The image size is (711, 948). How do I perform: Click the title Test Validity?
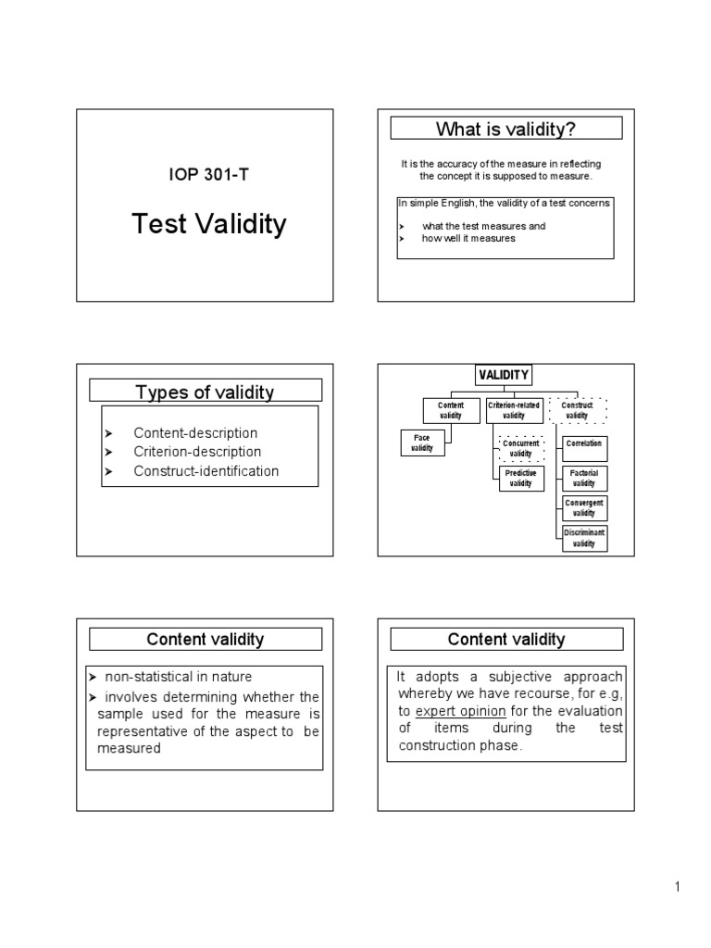[x=209, y=224]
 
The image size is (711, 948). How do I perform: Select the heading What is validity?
[x=505, y=128]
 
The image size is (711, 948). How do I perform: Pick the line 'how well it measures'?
[x=468, y=238]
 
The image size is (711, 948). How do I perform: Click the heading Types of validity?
[x=205, y=392]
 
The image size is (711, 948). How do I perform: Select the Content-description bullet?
[x=195, y=432]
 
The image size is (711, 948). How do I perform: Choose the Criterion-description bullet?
[x=197, y=452]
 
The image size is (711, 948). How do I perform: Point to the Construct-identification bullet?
[x=206, y=470]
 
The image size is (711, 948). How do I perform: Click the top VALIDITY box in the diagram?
[x=503, y=375]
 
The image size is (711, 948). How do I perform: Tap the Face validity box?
[x=422, y=443]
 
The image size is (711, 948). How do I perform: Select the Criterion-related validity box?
[x=514, y=410]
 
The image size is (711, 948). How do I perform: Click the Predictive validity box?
[x=521, y=478]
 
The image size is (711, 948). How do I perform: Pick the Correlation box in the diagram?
[x=584, y=444]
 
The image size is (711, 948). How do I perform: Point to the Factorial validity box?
[x=584, y=478]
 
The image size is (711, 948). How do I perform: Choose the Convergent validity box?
[x=584, y=508]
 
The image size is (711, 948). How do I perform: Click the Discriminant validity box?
[x=584, y=538]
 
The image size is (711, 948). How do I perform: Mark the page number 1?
[x=677, y=888]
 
